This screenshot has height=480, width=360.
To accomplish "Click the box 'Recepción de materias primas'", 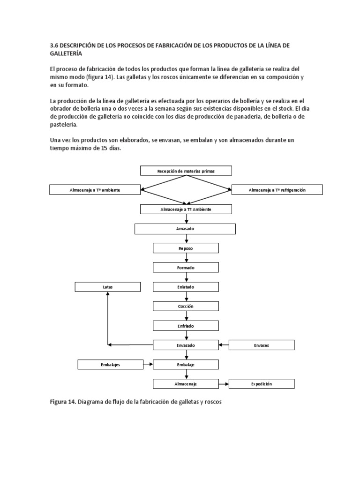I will point(186,171).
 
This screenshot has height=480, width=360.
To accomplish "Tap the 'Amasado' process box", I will point(185,229).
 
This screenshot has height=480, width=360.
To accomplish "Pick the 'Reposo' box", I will point(186,248).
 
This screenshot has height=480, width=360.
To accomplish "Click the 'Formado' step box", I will point(186,268).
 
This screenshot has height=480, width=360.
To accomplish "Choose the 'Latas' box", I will point(108,287).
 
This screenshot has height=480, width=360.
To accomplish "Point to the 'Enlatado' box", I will point(186,287).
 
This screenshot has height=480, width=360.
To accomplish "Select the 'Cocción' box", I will point(186,306).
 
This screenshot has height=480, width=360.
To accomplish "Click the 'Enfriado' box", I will point(186,325).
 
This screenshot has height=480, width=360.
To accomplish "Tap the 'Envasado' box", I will point(186,345).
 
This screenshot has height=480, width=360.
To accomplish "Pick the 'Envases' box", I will point(261,345).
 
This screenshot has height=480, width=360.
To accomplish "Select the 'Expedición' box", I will point(261,384).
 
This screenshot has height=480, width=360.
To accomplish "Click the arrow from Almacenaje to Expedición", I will point(224,384).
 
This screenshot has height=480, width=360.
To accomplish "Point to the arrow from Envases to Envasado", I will point(224,345).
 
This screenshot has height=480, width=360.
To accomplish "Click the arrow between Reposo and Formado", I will point(187,258).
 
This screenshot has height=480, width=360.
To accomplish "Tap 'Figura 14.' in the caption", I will point(63,402).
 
